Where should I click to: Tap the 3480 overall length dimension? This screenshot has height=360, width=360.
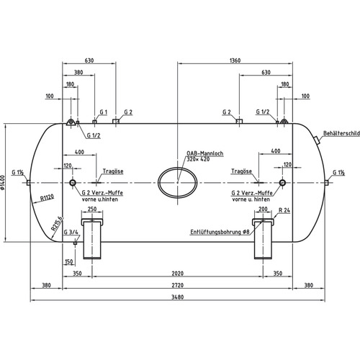178,297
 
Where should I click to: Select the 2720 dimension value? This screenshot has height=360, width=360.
178,285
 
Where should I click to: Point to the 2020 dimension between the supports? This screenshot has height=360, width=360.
178,274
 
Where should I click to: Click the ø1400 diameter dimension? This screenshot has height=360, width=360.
3,183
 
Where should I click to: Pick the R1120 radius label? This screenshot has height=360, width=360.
47,198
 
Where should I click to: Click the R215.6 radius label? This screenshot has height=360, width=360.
57,224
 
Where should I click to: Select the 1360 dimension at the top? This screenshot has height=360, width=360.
235,60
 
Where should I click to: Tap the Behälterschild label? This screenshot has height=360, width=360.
341,133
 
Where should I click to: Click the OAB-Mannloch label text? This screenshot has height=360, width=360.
205,153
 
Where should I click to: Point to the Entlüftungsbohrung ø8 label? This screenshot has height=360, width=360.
220,232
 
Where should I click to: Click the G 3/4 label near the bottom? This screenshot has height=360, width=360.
71,232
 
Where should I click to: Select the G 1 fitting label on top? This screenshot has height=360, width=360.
104,112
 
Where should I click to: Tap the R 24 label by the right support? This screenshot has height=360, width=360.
284,210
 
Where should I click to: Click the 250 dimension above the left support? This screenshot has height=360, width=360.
92,209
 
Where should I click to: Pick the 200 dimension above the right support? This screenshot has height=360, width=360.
263,209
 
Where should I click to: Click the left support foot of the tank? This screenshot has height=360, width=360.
92,239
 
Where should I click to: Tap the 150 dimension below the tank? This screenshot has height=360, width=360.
68,261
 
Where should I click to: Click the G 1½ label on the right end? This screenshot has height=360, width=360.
338,173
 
